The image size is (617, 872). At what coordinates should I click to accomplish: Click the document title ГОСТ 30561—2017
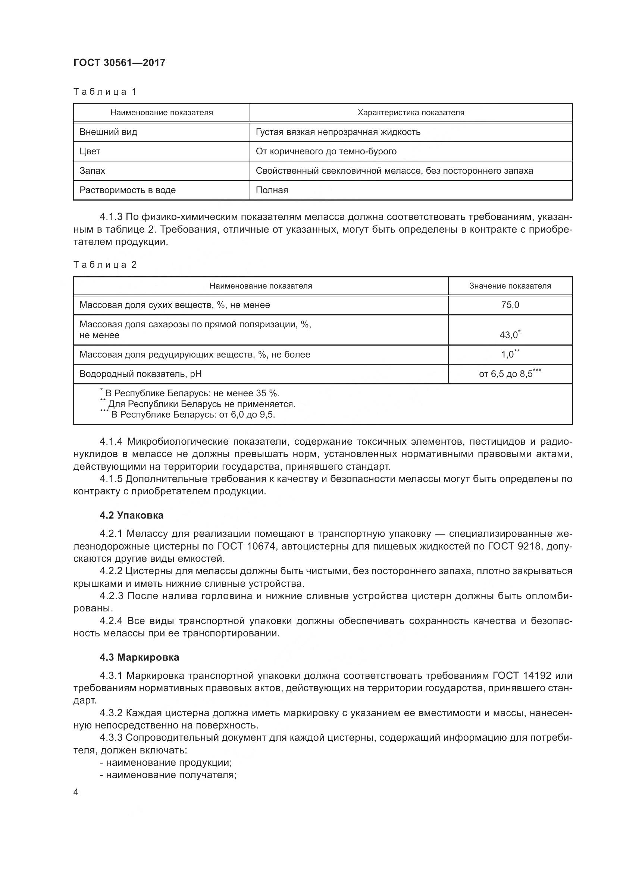119,63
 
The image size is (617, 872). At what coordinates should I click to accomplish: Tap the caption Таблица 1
105,92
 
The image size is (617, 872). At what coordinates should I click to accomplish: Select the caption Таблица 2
105,265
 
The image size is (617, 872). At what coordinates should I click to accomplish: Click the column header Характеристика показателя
411,113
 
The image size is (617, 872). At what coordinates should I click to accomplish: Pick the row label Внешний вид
108,132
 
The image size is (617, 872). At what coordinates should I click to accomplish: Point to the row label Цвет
90,151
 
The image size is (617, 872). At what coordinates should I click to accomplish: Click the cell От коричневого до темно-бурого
326,151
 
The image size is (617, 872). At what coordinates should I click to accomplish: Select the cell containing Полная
272,190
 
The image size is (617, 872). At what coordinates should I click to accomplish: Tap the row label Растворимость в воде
128,190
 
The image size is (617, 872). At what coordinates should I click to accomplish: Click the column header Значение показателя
510,286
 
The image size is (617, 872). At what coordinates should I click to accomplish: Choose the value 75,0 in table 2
510,305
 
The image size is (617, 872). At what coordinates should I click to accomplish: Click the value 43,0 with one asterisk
509,335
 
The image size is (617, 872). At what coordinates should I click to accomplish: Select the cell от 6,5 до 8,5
509,374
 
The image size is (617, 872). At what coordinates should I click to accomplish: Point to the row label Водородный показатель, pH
141,374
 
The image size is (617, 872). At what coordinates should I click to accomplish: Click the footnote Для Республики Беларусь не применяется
201,404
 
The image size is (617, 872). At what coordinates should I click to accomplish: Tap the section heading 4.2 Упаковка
131,515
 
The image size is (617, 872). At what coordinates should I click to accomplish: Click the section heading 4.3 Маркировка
139,657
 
